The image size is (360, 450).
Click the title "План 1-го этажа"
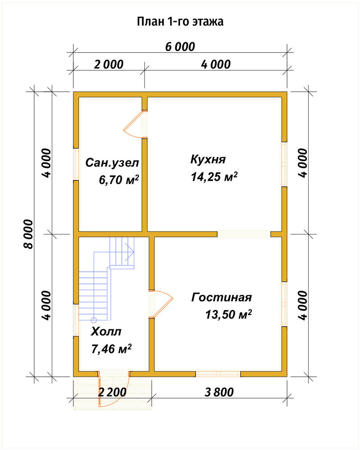click(x=180, y=22)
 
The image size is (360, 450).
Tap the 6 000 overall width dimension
click(x=180, y=47)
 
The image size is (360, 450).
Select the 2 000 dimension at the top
click(x=109, y=64)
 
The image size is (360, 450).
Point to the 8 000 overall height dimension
click(x=28, y=234)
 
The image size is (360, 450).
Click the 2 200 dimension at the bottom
click(x=112, y=392)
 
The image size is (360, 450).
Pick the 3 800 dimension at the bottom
click(x=219, y=392)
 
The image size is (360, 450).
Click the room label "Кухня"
click(x=208, y=159)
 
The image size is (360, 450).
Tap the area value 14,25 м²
click(x=214, y=177)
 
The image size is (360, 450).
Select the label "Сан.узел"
click(x=112, y=163)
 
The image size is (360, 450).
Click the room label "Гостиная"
click(x=221, y=297)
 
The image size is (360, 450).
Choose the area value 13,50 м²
click(x=229, y=315)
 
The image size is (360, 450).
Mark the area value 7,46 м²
click(x=112, y=349)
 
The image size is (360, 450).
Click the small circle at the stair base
click(x=94, y=319)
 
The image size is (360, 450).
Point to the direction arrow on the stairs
click(x=130, y=252)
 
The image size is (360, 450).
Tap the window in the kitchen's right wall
click(x=284, y=164)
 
